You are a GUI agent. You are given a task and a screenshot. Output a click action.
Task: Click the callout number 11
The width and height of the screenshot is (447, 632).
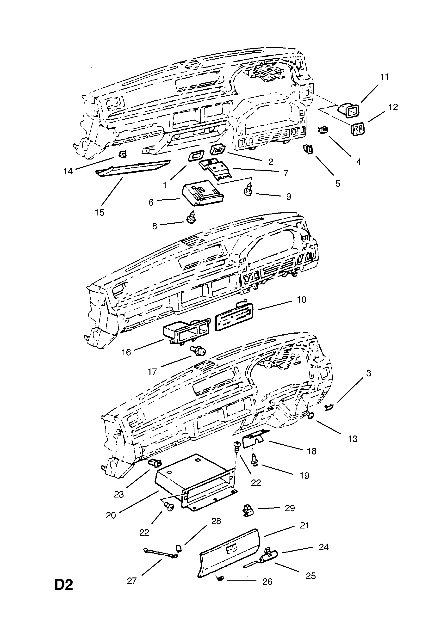click(384, 77)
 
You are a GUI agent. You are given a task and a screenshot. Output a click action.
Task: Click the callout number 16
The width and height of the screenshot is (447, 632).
click(126, 352)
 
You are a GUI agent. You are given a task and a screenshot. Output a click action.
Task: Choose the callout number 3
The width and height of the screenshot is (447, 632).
click(368, 373)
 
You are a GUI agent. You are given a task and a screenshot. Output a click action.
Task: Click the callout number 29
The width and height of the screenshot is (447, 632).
click(290, 508)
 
